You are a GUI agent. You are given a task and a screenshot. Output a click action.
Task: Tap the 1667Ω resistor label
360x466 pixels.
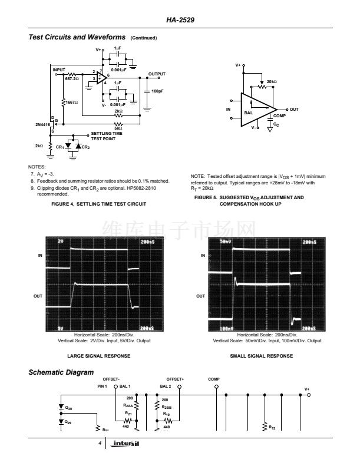tap(71, 102)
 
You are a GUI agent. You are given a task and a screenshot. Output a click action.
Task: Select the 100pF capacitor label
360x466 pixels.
tap(157, 91)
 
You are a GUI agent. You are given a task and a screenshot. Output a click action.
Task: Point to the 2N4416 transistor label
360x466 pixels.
tap(42, 125)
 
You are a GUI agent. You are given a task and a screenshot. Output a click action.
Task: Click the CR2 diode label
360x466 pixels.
tap(86, 147)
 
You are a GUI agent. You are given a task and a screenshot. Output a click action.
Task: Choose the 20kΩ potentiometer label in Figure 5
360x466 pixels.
tap(272, 81)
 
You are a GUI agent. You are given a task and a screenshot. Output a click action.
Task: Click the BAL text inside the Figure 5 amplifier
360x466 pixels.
tap(249, 112)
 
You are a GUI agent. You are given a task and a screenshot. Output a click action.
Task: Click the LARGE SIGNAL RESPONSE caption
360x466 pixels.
tap(99, 356)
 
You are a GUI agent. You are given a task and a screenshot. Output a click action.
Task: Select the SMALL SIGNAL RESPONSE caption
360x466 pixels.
tap(261, 356)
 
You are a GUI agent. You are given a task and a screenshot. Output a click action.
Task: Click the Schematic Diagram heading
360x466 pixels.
tap(61, 372)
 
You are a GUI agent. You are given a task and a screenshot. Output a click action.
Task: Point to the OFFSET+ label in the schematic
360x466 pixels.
tap(175, 379)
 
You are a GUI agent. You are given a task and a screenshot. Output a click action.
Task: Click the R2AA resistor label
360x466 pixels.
tap(128, 405)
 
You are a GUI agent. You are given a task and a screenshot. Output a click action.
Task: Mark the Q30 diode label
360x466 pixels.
tap(69, 407)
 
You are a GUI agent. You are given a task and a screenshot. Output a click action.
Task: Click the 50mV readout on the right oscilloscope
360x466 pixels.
tap(225, 242)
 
